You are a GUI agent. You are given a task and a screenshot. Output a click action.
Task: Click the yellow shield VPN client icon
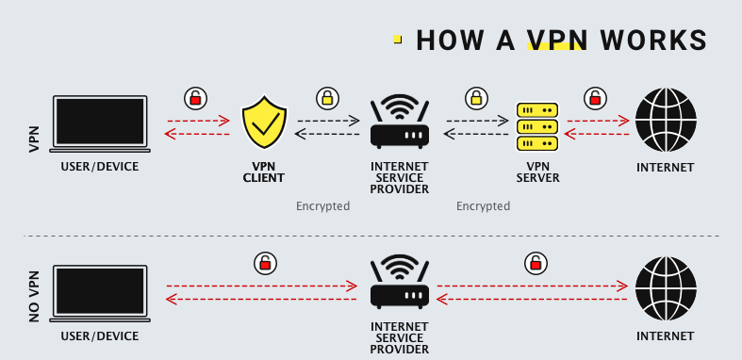264,123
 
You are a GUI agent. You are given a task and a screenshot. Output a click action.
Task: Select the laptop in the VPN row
100,123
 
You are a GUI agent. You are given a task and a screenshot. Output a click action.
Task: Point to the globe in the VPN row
666,120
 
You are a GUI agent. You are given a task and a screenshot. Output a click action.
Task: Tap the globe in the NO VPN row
666,288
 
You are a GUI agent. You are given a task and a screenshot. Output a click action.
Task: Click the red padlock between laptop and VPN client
195,97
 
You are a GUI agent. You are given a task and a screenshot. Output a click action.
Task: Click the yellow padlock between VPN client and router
327,97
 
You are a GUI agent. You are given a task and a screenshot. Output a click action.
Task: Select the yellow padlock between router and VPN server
476,97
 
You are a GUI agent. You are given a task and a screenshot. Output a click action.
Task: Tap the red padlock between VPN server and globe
595,97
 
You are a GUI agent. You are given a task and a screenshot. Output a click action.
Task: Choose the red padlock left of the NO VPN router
265,263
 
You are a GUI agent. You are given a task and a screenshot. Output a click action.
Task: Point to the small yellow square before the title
398,40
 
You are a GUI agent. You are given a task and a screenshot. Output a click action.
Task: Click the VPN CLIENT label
263,172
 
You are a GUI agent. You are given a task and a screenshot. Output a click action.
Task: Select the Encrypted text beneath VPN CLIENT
322,205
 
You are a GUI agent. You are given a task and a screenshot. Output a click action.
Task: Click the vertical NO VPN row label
35,293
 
